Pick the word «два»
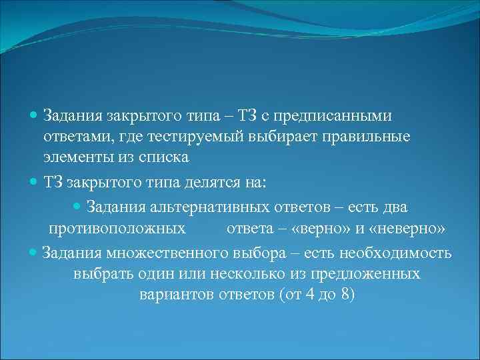coord(393,207)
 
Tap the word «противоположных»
coord(117,229)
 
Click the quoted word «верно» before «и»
coord(315,229)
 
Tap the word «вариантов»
coord(177,295)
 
